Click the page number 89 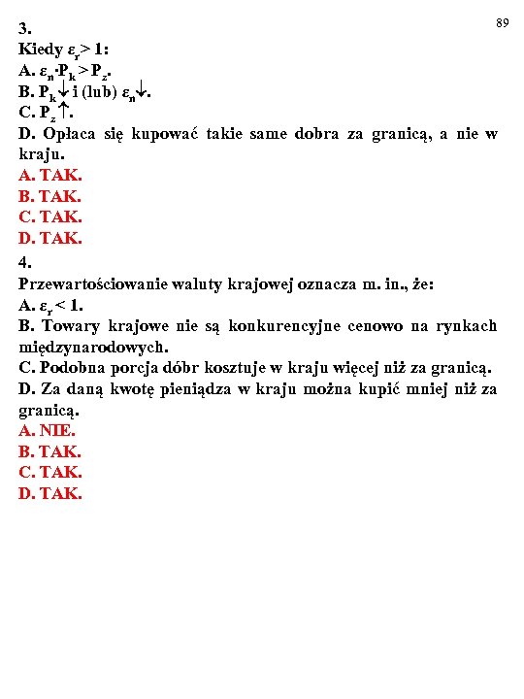pos(503,21)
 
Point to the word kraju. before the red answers pos(41,154)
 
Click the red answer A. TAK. pos(50,176)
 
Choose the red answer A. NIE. pos(48,430)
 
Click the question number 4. pos(24,261)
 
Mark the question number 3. pos(24,27)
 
